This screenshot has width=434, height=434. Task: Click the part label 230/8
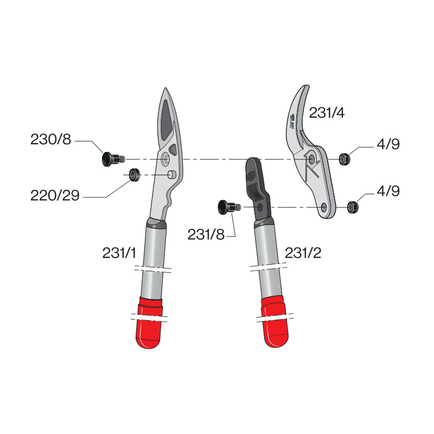[x=50, y=139]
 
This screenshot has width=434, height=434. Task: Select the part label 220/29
[x=55, y=195]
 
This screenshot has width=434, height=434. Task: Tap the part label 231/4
[x=327, y=113]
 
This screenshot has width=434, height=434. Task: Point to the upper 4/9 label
[x=388, y=144]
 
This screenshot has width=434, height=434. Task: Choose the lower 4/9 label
[x=388, y=191]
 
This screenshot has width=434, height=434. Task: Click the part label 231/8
[x=206, y=235]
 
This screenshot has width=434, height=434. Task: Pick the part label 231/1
[x=119, y=253]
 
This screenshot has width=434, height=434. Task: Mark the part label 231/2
[x=303, y=253]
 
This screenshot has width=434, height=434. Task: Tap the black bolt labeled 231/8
[x=229, y=207]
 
